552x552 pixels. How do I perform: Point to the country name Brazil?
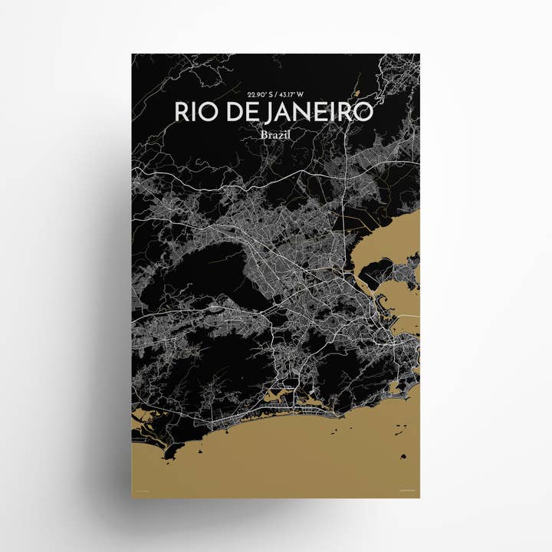click(x=275, y=134)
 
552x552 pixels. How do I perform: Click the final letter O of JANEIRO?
click(x=363, y=112)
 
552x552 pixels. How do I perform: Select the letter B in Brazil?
click(x=264, y=134)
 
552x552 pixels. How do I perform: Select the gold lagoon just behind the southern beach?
click(x=306, y=399)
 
